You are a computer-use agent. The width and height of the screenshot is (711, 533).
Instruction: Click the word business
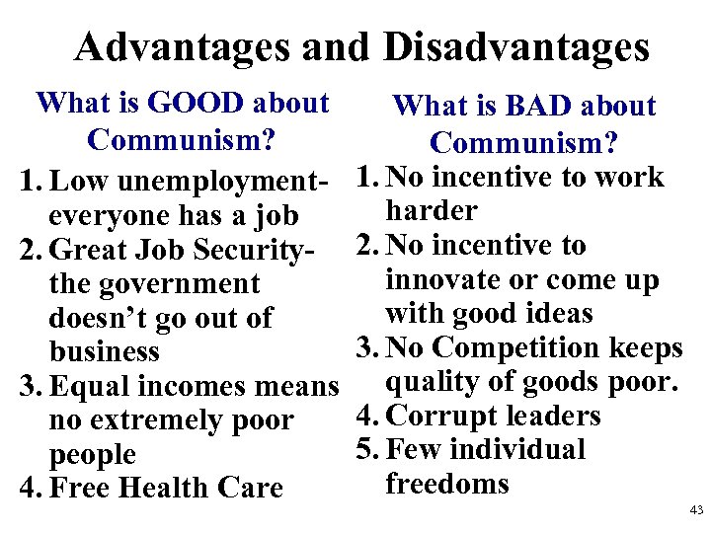[104, 352]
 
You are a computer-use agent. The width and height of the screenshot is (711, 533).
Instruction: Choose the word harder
[432, 211]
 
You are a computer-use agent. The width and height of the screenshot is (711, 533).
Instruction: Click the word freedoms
[447, 484]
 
